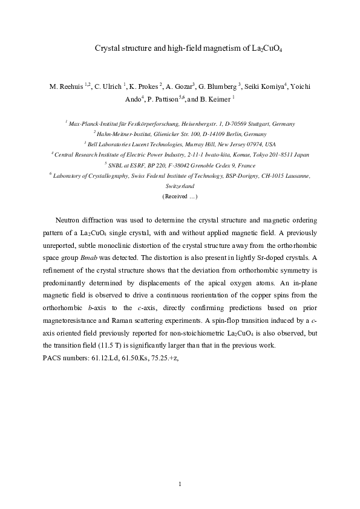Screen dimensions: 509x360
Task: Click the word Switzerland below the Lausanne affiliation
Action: click(x=180, y=186)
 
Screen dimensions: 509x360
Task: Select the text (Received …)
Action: click(x=180, y=196)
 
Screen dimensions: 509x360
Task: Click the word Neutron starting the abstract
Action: click(x=67, y=219)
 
